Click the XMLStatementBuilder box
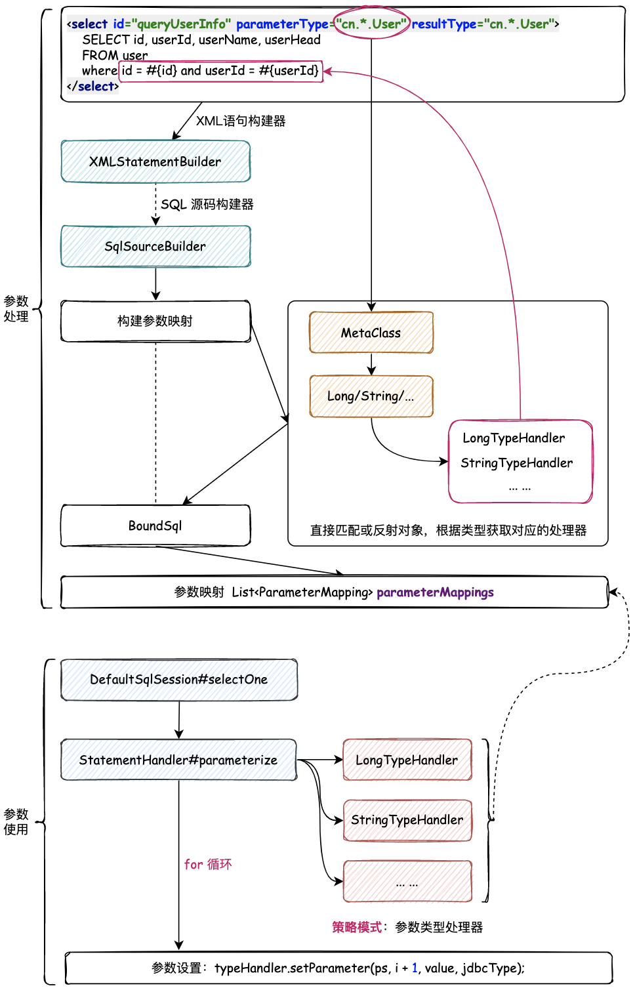pos(155,161)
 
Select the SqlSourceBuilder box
pos(155,247)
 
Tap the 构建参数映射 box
pos(155,321)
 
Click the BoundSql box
pos(155,526)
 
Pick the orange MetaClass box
pos(371,333)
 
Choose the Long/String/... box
pos(371,396)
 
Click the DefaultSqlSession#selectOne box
pos(179,680)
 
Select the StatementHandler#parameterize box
pos(178,760)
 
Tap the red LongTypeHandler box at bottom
pos(407,760)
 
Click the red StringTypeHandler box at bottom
pos(407,820)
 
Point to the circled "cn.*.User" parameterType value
pos(371,24)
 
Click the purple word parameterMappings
pos(435,592)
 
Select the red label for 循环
pos(208,864)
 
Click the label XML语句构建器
pos(241,121)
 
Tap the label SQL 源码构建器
pos(207,204)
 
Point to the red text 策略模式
pos(357,927)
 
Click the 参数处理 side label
pos(16,308)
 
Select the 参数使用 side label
pos(16,821)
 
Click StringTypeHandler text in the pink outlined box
pos(517,463)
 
